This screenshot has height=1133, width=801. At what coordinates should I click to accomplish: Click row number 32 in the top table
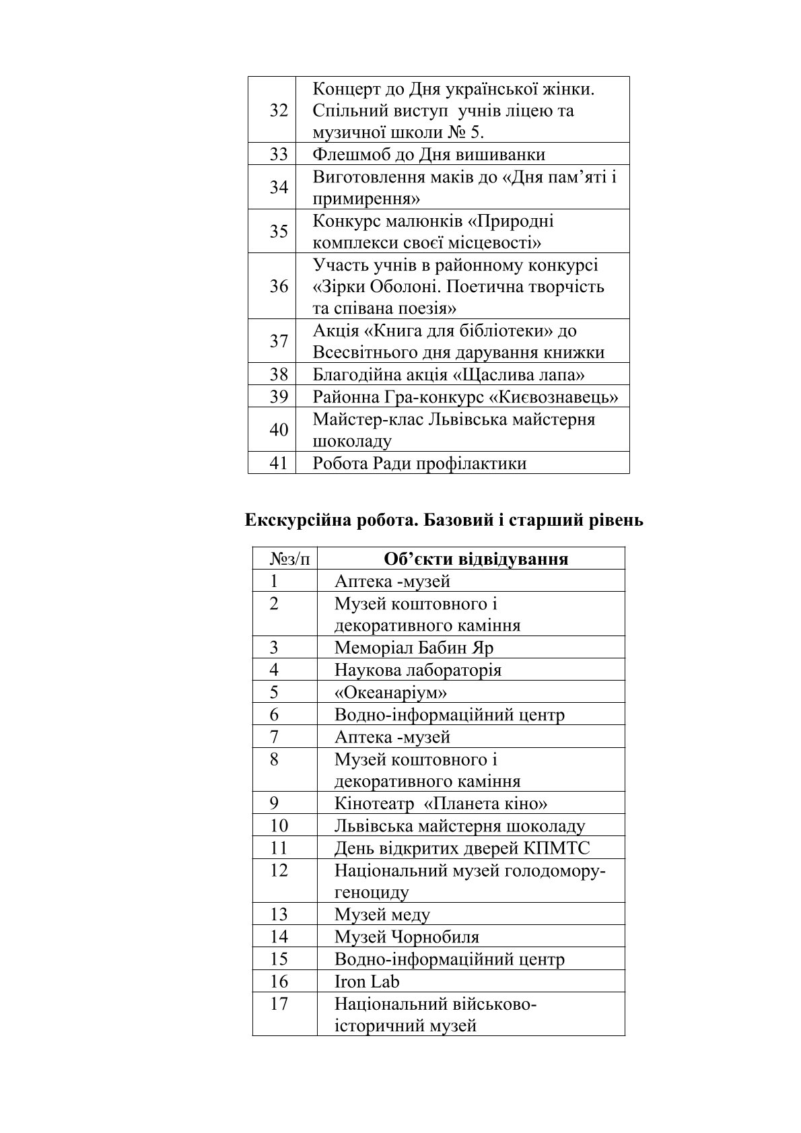pyautogui.click(x=279, y=110)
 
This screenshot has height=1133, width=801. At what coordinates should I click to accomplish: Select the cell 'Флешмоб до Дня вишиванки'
pyautogui.click(x=429, y=155)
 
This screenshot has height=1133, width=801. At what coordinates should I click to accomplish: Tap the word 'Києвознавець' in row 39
pyautogui.click(x=558, y=397)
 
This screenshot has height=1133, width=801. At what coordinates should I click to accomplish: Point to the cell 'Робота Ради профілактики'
pyautogui.click(x=419, y=463)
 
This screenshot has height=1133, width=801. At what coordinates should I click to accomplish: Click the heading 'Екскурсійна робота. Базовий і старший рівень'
pyautogui.click(x=444, y=520)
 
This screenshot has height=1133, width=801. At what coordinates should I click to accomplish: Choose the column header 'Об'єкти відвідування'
pyautogui.click(x=475, y=559)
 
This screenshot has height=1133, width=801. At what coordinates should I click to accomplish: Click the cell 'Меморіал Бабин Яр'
pyautogui.click(x=414, y=648)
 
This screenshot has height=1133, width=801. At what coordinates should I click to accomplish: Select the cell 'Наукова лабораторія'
pyautogui.click(x=418, y=670)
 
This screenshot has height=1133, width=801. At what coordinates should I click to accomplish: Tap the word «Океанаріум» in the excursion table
pyautogui.click(x=391, y=692)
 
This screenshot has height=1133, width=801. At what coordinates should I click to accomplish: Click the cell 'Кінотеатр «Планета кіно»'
pyautogui.click(x=441, y=803)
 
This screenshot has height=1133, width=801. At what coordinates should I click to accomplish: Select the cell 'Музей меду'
pyautogui.click(x=382, y=914)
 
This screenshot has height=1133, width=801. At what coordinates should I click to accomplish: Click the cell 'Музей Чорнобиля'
pyautogui.click(x=407, y=936)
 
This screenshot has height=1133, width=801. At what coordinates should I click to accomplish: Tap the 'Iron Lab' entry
pyautogui.click(x=367, y=981)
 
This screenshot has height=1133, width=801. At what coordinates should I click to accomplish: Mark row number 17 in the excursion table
pyautogui.click(x=279, y=1004)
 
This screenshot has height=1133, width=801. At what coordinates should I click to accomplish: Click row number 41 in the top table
pyautogui.click(x=279, y=463)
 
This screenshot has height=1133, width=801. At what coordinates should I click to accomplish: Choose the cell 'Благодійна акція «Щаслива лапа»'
pyautogui.click(x=448, y=374)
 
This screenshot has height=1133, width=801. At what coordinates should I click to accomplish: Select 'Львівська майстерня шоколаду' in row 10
pyautogui.click(x=460, y=825)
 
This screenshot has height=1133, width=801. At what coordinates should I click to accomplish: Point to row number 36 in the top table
pyautogui.click(x=279, y=287)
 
